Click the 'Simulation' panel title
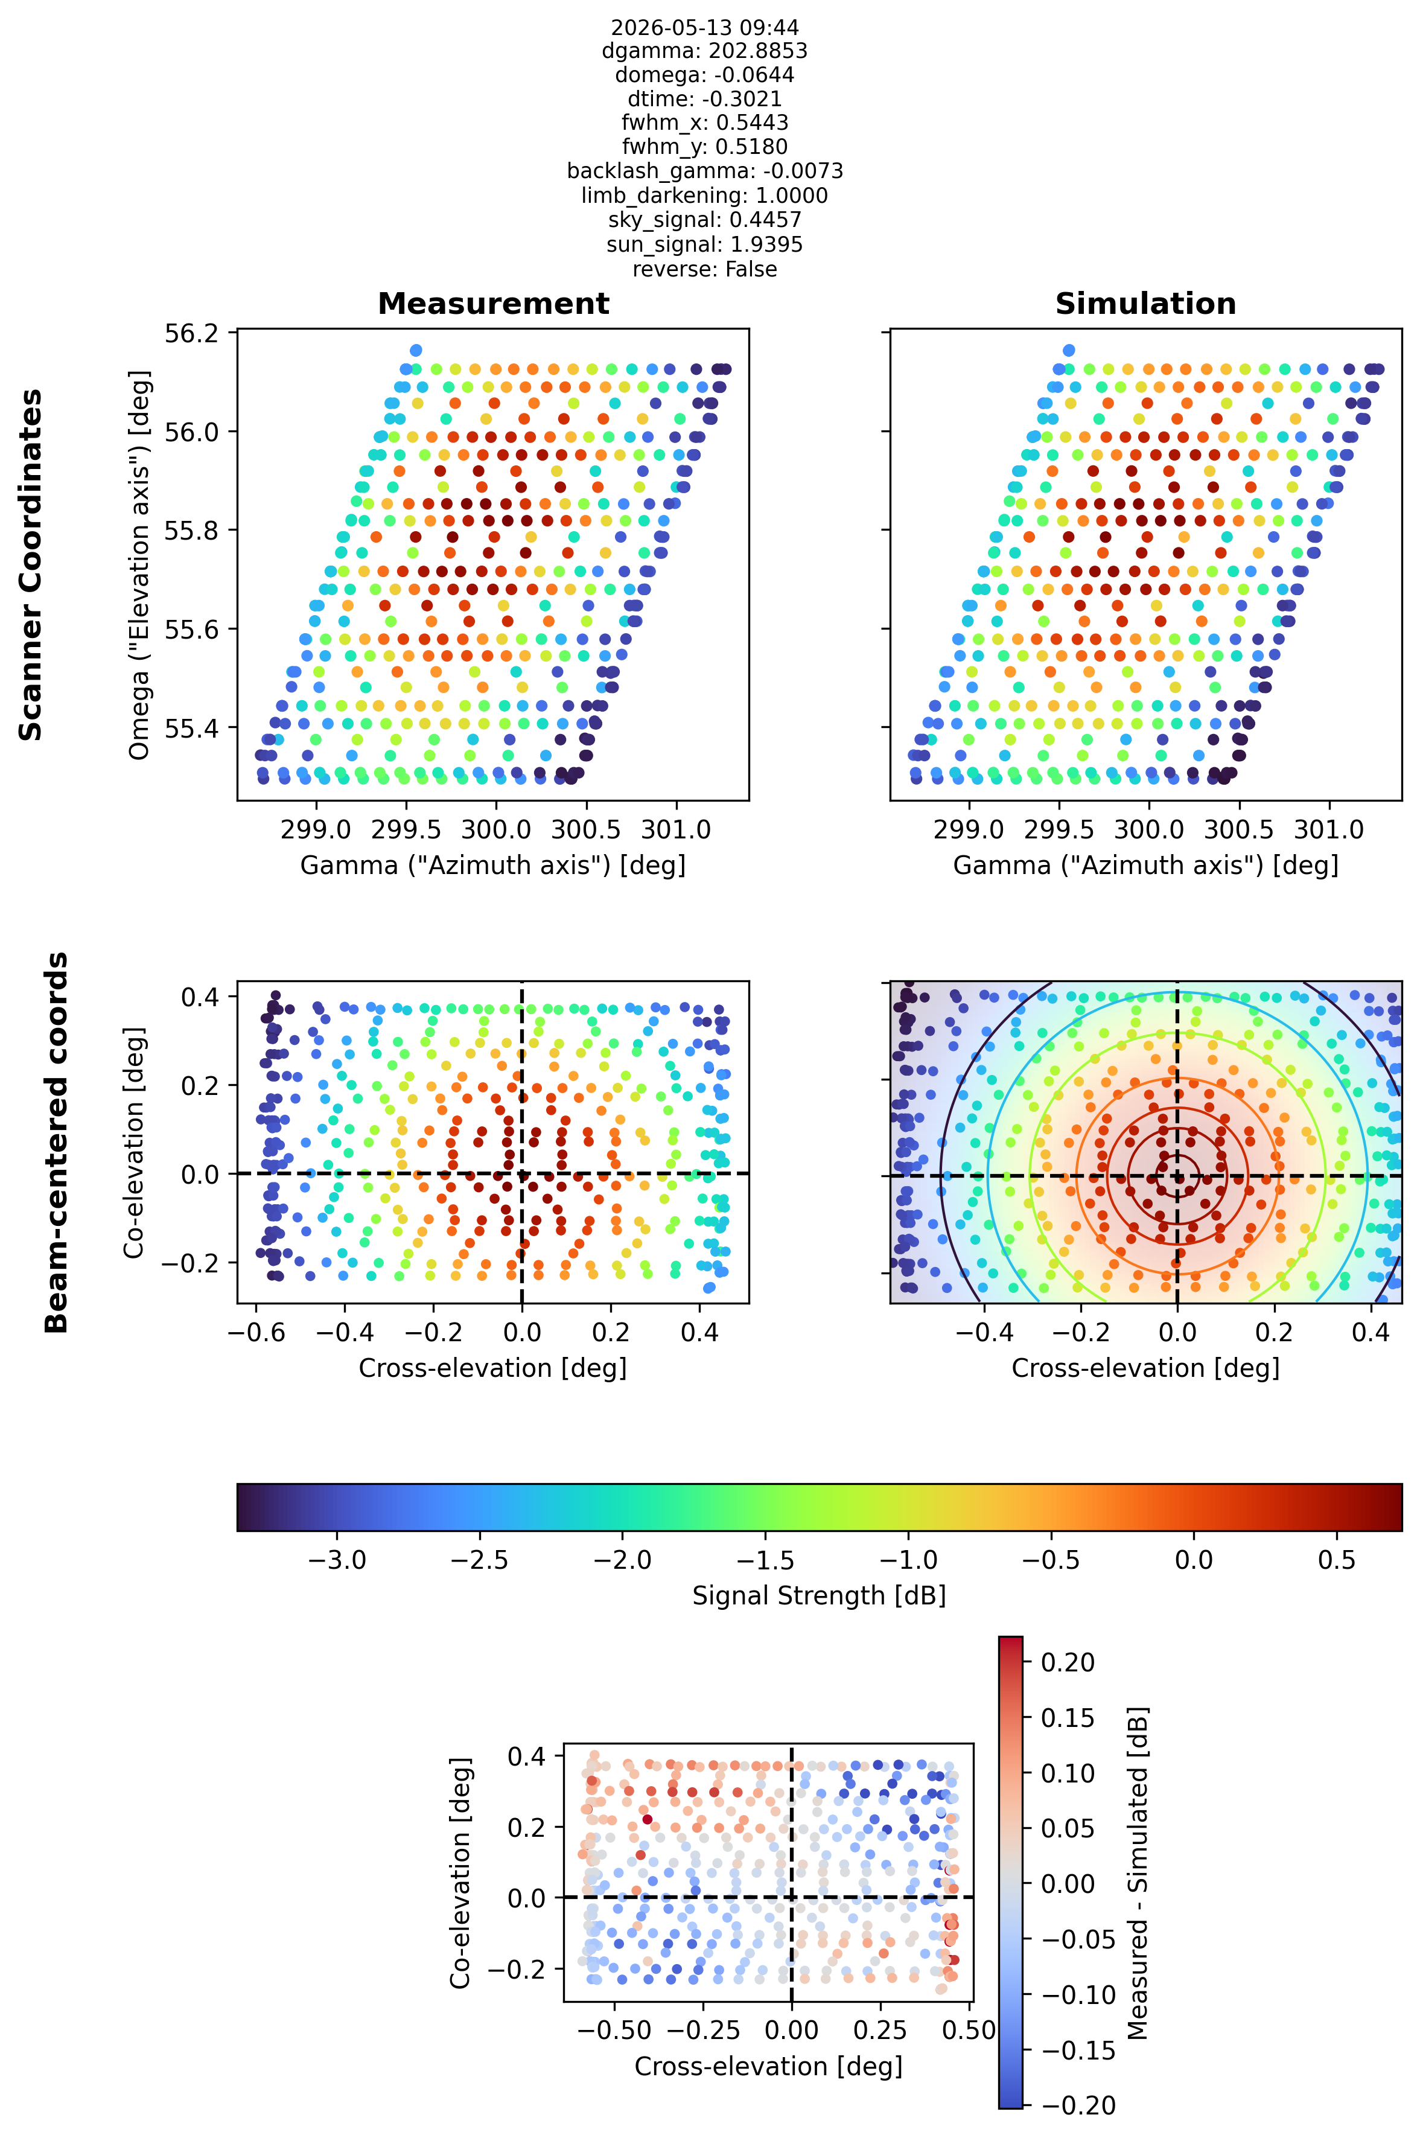(x=1145, y=304)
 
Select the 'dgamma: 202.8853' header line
(x=704, y=51)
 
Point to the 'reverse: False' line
(x=704, y=269)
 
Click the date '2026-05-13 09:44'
(x=704, y=27)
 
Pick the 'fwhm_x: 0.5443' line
(x=704, y=123)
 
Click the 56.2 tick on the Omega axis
(x=191, y=333)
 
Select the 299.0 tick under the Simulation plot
(x=969, y=829)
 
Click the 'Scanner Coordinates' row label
(x=31, y=564)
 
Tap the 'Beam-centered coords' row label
(x=56, y=1142)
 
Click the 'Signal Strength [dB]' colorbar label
(x=819, y=1595)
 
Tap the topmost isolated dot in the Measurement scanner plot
(x=416, y=351)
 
